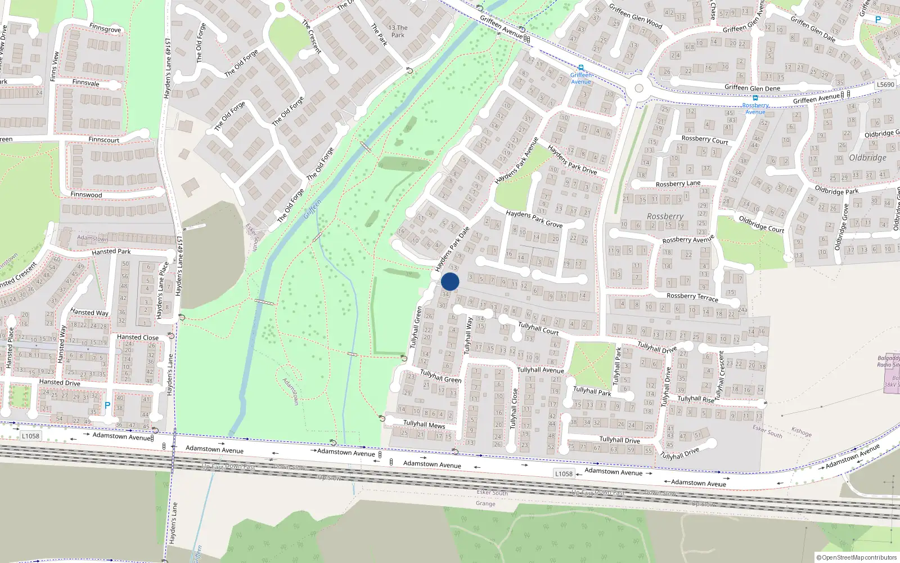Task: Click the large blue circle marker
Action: coord(450,281)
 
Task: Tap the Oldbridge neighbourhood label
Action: coord(867,158)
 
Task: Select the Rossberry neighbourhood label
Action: coord(665,216)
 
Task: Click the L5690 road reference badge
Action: coord(885,84)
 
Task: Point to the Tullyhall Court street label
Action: coord(538,328)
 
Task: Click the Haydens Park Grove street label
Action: coord(534,218)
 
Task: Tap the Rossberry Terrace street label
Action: coord(692,297)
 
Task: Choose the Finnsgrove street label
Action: coord(105,28)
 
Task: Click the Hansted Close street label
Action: coord(138,337)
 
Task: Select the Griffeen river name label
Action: coord(312,209)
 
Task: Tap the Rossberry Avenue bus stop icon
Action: coord(755,98)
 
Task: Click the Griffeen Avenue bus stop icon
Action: coord(581,68)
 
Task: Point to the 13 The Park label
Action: coord(398,31)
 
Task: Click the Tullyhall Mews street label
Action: coord(424,424)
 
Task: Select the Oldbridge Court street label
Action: coord(761,224)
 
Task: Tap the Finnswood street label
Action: coord(86,195)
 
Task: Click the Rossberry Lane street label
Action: coord(678,184)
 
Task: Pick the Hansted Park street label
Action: coord(111,252)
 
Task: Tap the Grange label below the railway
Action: coord(485,503)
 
